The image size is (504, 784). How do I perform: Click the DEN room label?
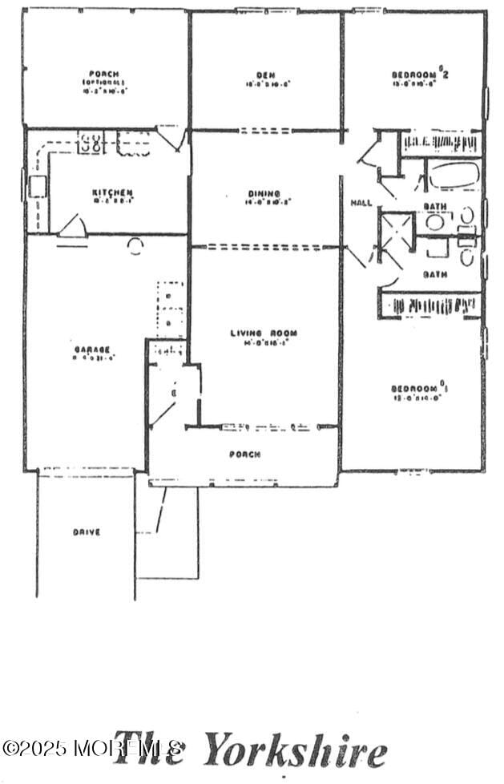pos(265,75)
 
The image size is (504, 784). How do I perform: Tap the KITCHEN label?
pos(112,193)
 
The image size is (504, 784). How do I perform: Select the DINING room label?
pos(264,193)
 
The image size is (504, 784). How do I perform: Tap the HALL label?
pos(361,204)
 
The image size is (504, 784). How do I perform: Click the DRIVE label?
pos(86,531)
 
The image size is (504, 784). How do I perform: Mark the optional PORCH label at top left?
pos(105,74)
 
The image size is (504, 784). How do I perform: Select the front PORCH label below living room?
pos(244,455)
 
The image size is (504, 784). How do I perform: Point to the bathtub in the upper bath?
pos(453,176)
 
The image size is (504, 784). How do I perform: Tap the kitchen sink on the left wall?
pos(37,188)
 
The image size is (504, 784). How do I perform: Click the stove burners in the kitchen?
pos(91,144)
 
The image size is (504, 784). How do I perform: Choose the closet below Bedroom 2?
pos(440,144)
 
